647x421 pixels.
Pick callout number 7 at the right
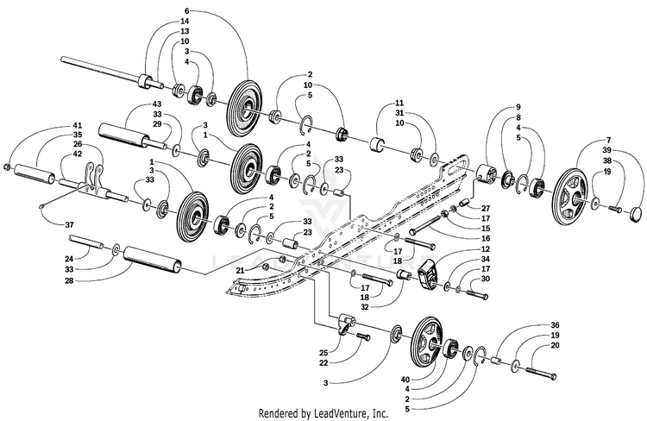[x=608, y=139]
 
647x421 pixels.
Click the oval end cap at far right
[x=635, y=210]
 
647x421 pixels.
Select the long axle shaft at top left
[x=99, y=69]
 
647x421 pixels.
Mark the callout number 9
[x=518, y=106]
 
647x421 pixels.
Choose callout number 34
[x=486, y=258]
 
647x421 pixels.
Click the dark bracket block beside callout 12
[x=429, y=276]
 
